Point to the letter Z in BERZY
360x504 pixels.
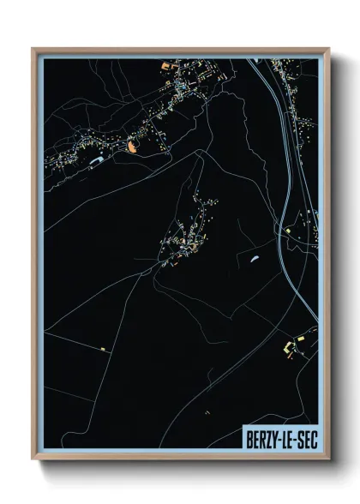pyautogui.click(x=267, y=439)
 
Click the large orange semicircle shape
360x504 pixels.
pyautogui.click(x=131, y=146)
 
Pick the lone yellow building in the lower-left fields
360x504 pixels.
pyautogui.click(x=103, y=349)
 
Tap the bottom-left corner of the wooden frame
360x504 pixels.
pyautogui.click(x=33, y=459)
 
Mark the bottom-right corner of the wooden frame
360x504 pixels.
pyautogui.click(x=328, y=459)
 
